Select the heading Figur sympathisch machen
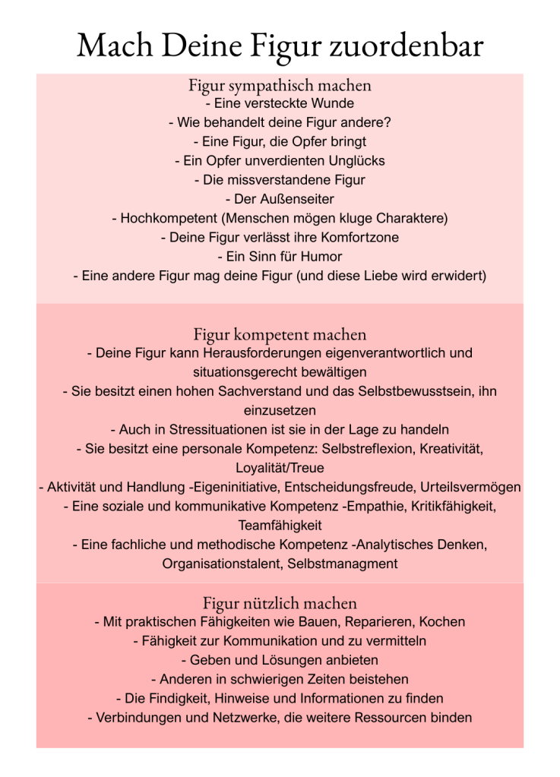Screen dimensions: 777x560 tap(280, 85)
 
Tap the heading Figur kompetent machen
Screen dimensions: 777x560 tap(280, 334)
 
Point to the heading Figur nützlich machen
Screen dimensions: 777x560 tap(280, 604)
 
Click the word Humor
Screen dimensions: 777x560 tap(323, 257)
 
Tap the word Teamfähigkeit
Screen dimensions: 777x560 tap(280, 525)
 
